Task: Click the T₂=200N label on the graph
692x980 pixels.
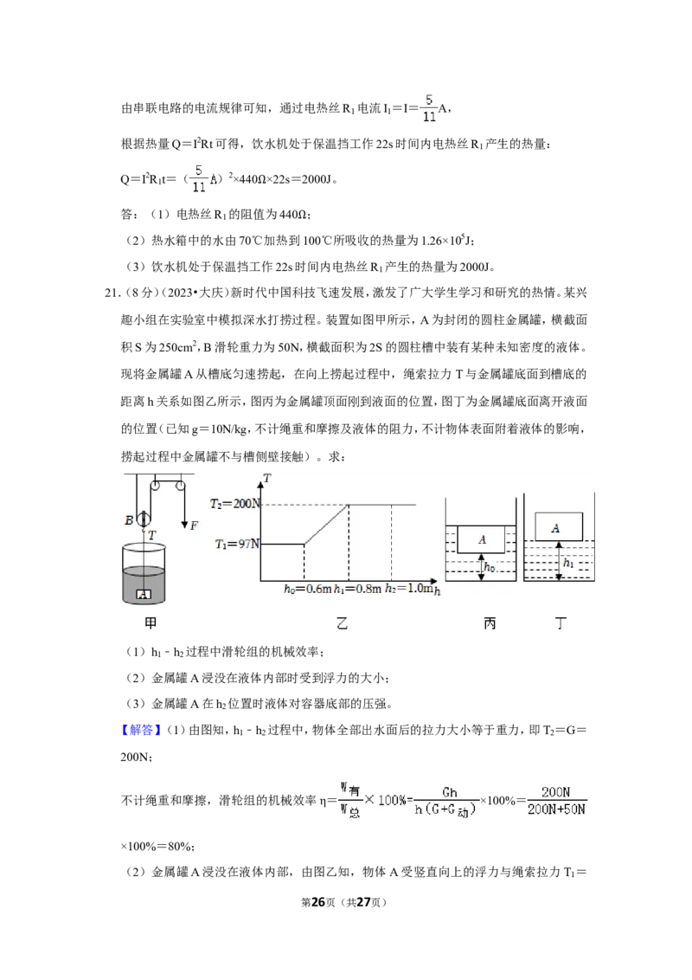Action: pos(234,504)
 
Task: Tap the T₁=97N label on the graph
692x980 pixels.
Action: pos(237,545)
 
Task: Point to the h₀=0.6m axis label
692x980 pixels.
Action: pos(307,590)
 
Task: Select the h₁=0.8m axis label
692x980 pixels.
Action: pos(357,590)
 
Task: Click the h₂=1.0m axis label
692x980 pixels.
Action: pos(408,590)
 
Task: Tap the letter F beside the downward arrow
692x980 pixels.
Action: pos(194,525)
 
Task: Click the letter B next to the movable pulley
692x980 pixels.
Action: pos(129,520)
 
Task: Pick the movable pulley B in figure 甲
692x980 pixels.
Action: pos(144,518)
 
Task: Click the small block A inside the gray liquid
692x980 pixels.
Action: pos(144,595)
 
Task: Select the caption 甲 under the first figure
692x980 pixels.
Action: pos(151,622)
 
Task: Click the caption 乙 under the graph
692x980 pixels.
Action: pos(342,622)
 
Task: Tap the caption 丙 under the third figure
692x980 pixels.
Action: pos(489,622)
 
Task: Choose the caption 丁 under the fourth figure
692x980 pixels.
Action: pos(561,622)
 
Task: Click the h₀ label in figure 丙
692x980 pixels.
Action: pos(490,568)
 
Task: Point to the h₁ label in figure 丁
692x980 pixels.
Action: pos(567,563)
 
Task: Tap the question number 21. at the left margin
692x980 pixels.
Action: pos(112,293)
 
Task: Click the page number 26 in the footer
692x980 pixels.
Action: pos(318,902)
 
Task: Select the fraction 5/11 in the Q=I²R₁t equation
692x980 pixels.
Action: pos(199,178)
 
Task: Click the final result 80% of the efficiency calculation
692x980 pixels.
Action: pos(180,847)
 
